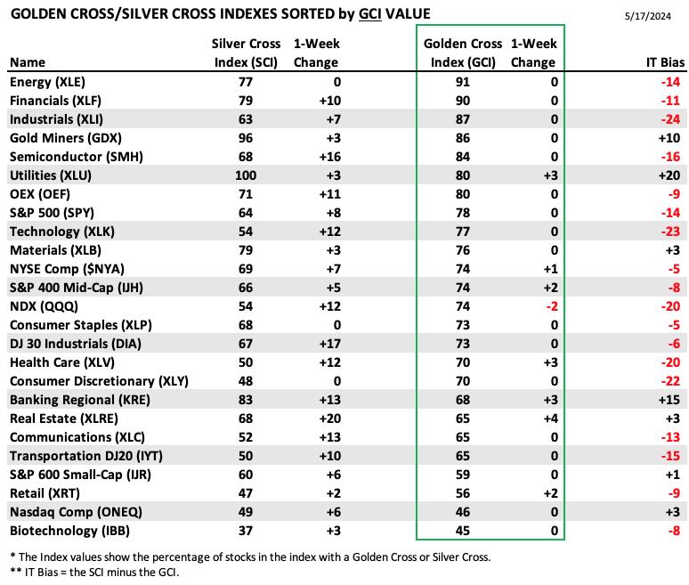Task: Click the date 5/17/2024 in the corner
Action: [648, 16]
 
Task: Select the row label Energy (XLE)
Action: [47, 82]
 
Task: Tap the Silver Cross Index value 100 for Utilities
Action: [245, 175]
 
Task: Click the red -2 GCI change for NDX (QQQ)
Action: [551, 306]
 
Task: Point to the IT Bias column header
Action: [665, 62]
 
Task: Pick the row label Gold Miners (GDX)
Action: [66, 138]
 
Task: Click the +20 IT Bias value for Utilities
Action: [669, 175]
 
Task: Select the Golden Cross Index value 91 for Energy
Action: [463, 82]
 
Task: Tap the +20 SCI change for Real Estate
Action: [329, 418]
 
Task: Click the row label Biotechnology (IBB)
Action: [69, 531]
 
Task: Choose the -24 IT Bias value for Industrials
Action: [670, 119]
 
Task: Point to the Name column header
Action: [28, 62]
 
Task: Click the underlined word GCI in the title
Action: [370, 14]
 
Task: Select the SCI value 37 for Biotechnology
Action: [245, 531]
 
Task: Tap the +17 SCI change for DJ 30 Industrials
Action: [329, 344]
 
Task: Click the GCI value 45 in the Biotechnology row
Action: [463, 531]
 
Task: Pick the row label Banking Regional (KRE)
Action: [80, 400]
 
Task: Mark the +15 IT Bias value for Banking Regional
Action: [669, 400]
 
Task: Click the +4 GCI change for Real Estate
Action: [551, 418]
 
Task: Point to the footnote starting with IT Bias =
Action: [94, 573]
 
